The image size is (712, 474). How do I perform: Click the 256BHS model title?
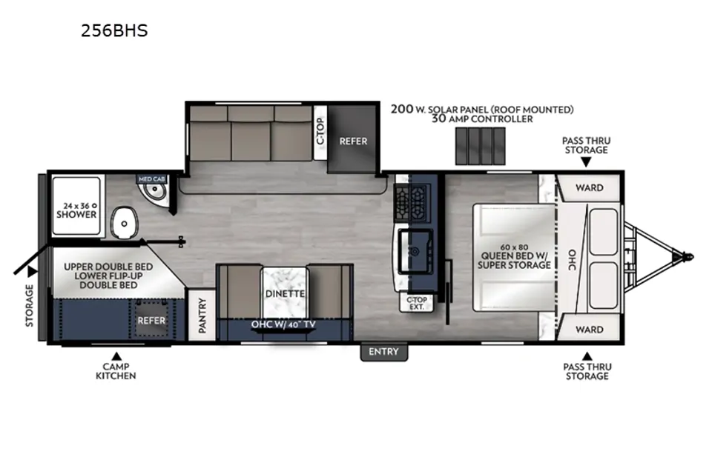(x=114, y=30)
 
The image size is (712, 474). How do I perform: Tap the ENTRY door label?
(x=383, y=352)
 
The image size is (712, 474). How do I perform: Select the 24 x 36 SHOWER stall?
(x=76, y=207)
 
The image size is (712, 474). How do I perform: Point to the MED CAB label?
(x=151, y=179)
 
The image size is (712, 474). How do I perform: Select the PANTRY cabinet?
(x=202, y=316)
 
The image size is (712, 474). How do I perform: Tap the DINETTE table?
(x=285, y=293)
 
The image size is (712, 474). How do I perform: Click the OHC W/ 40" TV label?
(x=283, y=325)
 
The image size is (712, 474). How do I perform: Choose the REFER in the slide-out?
(x=353, y=139)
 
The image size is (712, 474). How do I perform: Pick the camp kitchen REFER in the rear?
(x=151, y=320)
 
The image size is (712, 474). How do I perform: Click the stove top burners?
(x=410, y=198)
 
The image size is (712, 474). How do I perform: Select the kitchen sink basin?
(x=415, y=251)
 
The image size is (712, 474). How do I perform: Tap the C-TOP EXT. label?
(x=416, y=303)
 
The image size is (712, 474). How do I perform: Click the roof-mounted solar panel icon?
(x=480, y=146)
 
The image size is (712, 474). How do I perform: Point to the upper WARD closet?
(x=589, y=188)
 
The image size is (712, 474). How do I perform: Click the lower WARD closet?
(x=589, y=329)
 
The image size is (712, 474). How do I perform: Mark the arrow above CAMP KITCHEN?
(x=116, y=355)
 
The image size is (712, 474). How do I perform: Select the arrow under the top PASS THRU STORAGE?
(x=586, y=161)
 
